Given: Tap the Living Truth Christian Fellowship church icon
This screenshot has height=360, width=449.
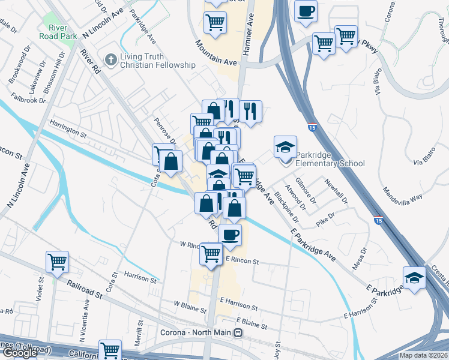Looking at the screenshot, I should tap(110, 59).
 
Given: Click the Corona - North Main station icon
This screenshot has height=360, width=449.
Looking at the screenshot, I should tap(238, 333).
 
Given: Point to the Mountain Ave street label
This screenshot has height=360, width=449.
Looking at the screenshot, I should tap(215, 53).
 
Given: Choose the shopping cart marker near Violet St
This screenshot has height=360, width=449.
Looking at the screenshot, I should tap(58, 261).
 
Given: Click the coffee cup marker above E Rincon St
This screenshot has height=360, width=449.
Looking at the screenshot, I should tap(230, 235).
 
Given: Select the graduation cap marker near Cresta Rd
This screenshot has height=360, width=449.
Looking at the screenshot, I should tap(414, 277).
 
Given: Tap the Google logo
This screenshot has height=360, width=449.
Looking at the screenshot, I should tap(20, 353).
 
